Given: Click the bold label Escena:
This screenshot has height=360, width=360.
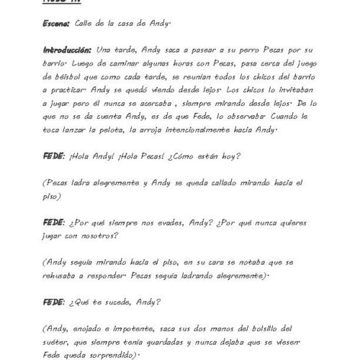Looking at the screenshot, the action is (x=55, y=23).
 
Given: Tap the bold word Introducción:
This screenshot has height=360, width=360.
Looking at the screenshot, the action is (x=67, y=50).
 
